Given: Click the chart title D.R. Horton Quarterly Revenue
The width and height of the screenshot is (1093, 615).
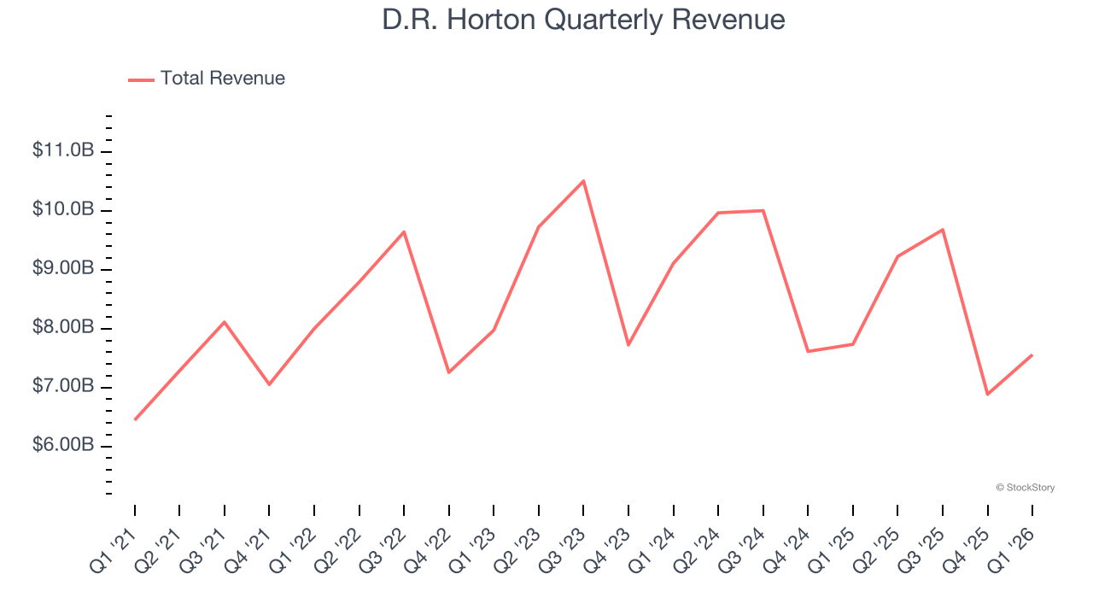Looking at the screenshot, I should [583, 19].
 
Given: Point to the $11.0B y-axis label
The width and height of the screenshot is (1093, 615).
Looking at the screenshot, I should [63, 150].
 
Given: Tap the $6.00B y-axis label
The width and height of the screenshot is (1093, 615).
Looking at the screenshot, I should [63, 446].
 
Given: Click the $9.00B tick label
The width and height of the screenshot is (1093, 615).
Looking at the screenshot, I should [63, 268].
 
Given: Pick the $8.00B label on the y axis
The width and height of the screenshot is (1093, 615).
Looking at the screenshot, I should [63, 327].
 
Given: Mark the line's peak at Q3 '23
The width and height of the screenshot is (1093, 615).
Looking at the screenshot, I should [583, 180].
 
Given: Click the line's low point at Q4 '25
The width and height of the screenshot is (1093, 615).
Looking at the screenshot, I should [988, 394].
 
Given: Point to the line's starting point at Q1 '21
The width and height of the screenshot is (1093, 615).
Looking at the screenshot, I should [135, 419].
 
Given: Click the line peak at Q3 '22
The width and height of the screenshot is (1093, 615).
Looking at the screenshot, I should [404, 231].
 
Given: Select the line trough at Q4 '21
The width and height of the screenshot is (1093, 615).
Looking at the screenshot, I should [269, 384].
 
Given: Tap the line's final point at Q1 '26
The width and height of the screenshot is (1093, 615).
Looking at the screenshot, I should [1032, 354].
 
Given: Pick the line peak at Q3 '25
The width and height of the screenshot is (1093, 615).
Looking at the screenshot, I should [943, 229].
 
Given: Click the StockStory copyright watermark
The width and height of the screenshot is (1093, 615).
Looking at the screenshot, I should [1025, 488].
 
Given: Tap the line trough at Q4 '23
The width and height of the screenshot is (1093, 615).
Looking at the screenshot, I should [628, 344].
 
